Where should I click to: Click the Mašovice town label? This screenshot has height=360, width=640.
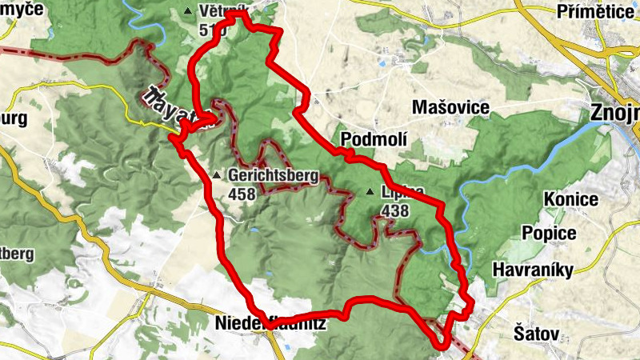click(446, 107)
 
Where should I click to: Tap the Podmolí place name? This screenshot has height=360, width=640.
click(374, 140)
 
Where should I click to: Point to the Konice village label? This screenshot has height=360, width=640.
click(571, 199)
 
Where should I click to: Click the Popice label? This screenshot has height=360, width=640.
click(549, 233)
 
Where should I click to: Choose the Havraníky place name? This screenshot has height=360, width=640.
click(534, 270)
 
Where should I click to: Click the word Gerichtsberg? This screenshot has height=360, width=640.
click(273, 176)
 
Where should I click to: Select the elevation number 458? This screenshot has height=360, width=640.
click(242, 194)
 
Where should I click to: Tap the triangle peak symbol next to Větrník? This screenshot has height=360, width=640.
click(188, 11)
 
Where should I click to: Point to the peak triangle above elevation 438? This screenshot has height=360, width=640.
click(370, 192)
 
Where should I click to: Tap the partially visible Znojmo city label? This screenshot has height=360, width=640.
click(614, 112)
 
